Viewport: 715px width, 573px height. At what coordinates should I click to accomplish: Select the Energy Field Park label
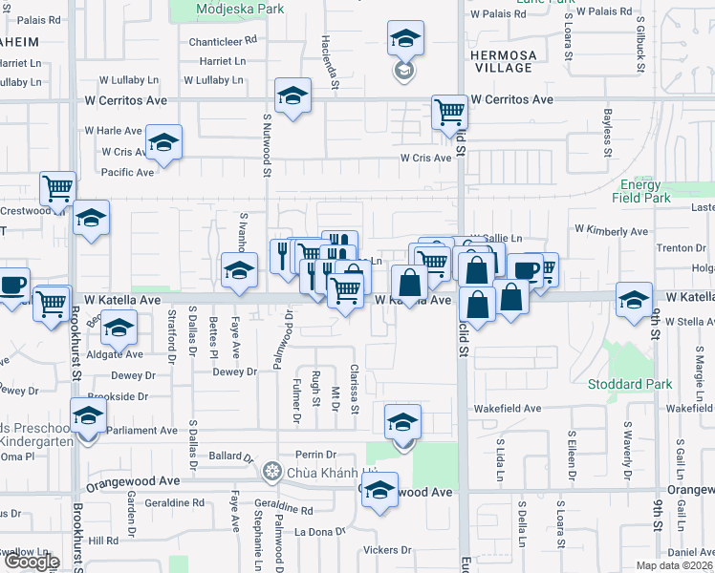(x=639, y=191)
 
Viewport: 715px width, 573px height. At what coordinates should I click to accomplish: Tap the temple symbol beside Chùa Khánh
(x=273, y=472)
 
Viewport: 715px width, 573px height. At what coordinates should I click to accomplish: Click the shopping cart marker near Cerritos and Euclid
(x=448, y=112)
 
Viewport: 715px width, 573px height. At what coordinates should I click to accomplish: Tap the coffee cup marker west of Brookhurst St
(x=11, y=285)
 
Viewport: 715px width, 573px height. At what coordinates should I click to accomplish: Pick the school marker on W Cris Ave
(x=164, y=144)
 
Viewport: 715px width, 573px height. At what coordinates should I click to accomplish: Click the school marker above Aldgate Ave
(x=119, y=329)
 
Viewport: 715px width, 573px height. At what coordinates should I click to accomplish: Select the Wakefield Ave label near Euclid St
(x=509, y=409)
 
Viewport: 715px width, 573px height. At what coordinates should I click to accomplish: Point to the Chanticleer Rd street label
(x=224, y=41)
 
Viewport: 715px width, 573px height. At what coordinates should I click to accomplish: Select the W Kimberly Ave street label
(x=611, y=231)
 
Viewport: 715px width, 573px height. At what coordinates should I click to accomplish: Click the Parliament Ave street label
(x=141, y=431)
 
